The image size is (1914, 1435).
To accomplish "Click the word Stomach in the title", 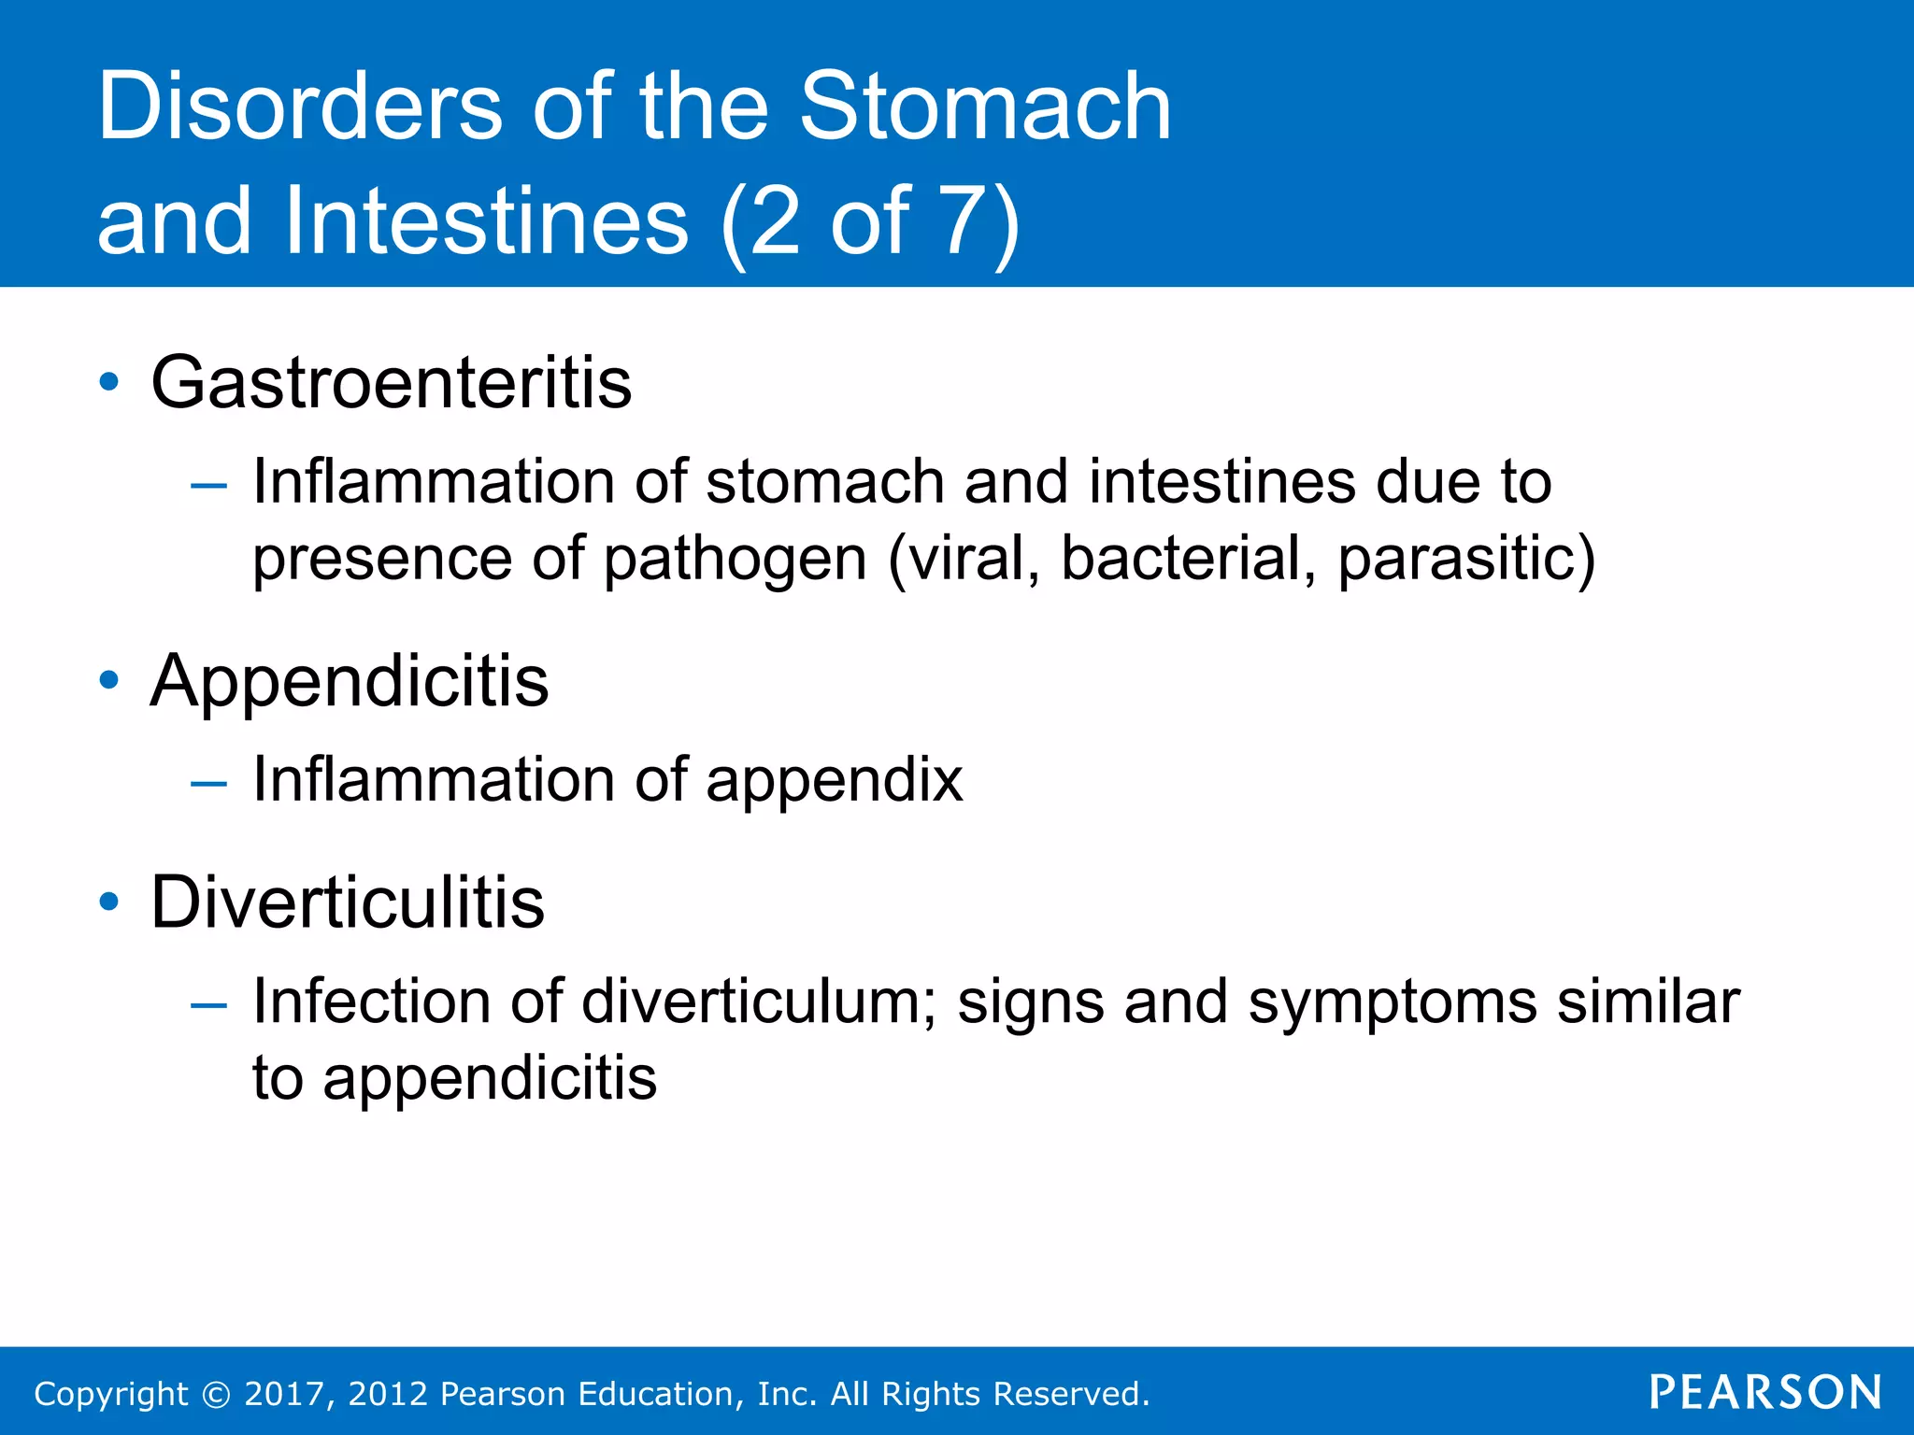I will pos(985,107).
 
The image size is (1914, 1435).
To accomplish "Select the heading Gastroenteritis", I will pos(391,383).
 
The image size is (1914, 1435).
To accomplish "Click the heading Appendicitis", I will pos(350,681).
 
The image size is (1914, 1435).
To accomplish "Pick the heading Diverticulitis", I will pos(347,902).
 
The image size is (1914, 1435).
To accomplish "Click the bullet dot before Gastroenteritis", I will pos(109,382).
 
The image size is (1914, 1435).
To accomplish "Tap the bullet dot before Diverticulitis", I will pos(109,902).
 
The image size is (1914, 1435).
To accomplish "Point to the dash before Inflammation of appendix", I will pos(207,783).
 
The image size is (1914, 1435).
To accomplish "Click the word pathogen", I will pos(736,560).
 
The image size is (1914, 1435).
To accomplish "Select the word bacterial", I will pos(1188,558).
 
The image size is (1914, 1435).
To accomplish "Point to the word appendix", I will pos(834,781).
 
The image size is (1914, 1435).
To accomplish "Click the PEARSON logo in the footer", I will pos(1764,1392).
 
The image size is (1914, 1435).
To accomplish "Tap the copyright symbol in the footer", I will pos(216,1394).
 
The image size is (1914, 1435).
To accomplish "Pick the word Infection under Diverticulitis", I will pos(371,1002).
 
